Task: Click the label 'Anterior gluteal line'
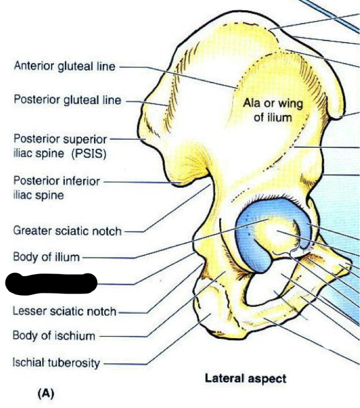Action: (x=65, y=66)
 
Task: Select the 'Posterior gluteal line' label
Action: (x=67, y=101)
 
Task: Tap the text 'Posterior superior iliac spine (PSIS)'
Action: (x=60, y=146)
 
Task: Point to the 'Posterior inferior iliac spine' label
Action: (x=56, y=188)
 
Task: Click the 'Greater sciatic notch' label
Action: (x=67, y=231)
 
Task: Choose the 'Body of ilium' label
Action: (x=46, y=257)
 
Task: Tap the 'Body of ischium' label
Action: (x=54, y=336)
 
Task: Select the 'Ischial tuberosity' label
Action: (x=56, y=363)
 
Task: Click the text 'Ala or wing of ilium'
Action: (x=273, y=110)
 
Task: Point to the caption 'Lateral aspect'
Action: (x=245, y=379)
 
